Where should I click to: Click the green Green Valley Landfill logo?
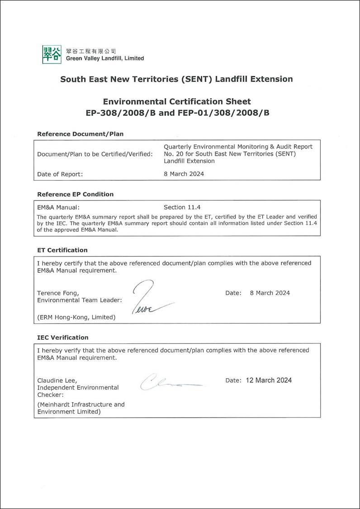52,54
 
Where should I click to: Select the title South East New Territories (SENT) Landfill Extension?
176,79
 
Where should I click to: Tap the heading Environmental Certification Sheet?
177,101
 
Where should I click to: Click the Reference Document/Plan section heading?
80,134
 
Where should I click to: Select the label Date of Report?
60,174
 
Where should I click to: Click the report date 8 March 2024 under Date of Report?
184,174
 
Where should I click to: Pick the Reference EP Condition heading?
75,194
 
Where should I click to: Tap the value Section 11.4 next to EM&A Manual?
182,207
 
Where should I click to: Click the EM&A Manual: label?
58,207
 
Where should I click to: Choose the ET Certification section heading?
62,250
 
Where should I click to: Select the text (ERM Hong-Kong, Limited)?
76,317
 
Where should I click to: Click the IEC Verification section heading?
63,337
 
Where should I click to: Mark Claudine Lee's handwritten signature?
167,382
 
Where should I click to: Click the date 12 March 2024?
269,380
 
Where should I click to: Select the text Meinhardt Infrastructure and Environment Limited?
81,408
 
